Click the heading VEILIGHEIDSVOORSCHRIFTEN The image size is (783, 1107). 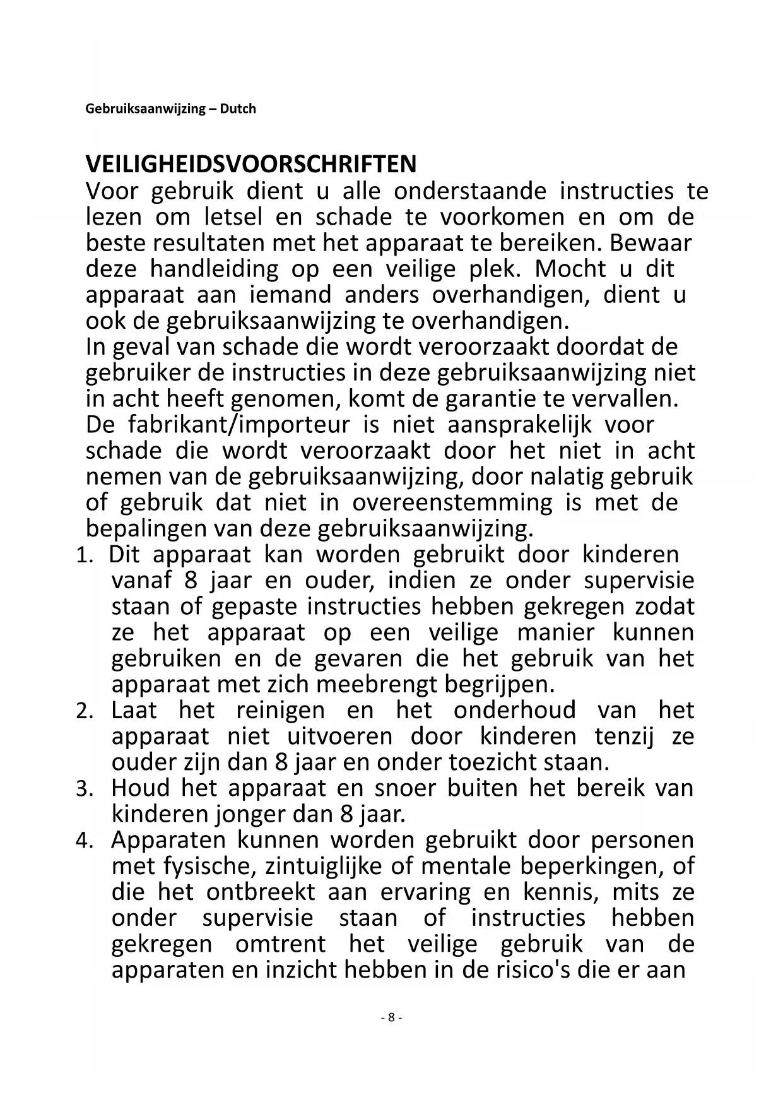click(251, 164)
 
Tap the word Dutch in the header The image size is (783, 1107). click(238, 109)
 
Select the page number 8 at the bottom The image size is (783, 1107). click(391, 1017)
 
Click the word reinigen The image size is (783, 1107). click(280, 711)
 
